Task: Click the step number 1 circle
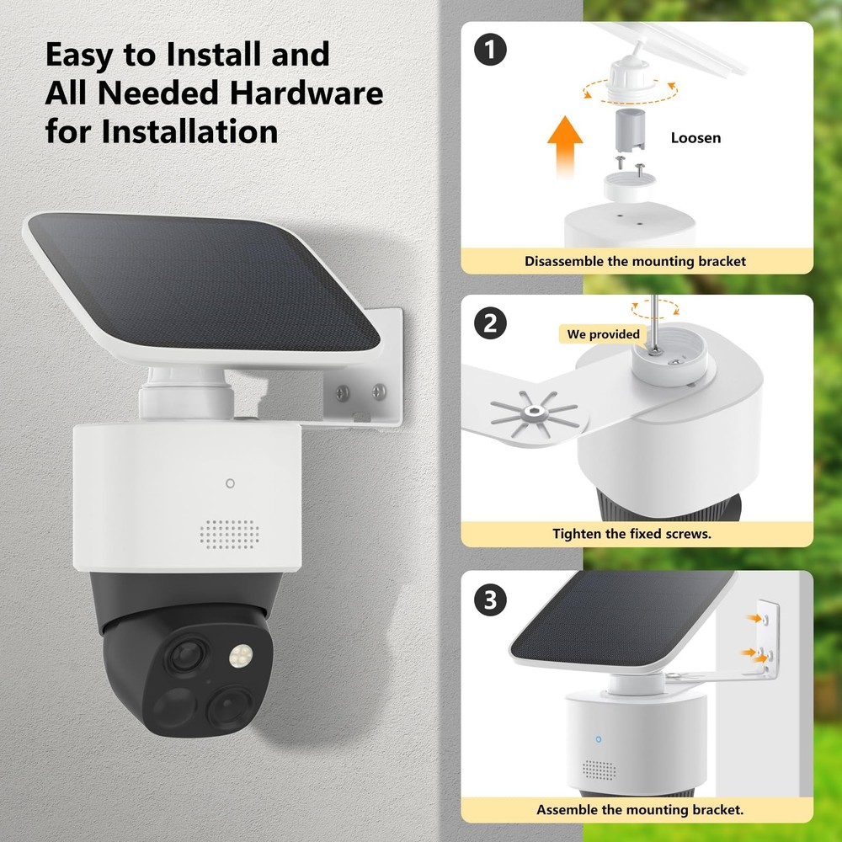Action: click(490, 51)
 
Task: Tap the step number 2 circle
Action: click(490, 324)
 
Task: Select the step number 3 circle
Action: click(490, 600)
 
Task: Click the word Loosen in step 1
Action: click(695, 137)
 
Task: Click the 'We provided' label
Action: click(603, 334)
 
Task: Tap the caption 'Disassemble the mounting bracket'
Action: click(636, 261)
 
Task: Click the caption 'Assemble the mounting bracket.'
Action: click(640, 810)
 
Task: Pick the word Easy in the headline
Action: click(87, 55)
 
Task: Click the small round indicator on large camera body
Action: click(230, 483)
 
